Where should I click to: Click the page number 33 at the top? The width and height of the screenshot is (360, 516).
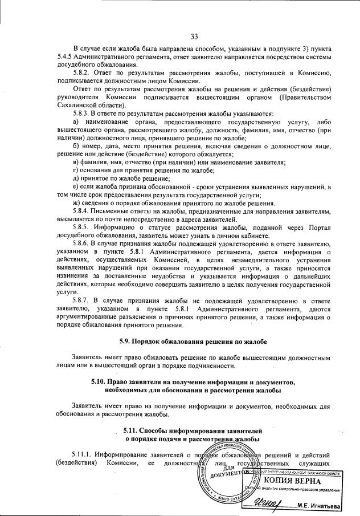(194, 37)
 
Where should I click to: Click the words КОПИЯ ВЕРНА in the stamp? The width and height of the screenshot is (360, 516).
(294, 481)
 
